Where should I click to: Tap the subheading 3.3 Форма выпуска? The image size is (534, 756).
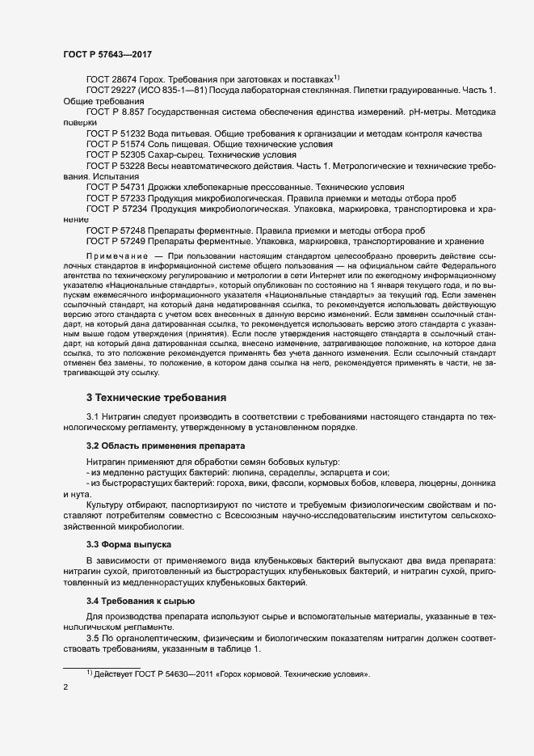pos(128,545)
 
